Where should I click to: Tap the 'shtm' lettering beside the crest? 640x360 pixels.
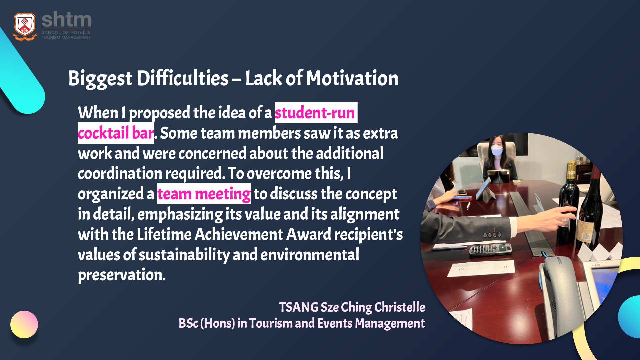pyautogui.click(x=66, y=20)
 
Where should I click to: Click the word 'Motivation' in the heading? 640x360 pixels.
pyautogui.click(x=352, y=78)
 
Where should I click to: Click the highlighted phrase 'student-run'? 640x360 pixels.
pyautogui.click(x=315, y=113)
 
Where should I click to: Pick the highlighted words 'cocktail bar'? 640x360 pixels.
pyautogui.click(x=116, y=133)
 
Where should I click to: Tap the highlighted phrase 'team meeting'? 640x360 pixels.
pyautogui.click(x=204, y=194)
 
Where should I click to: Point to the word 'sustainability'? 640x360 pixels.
pyautogui.click(x=184, y=255)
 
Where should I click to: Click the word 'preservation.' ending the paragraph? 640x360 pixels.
pyautogui.click(x=122, y=275)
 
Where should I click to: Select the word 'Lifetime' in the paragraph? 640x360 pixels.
pyautogui.click(x=164, y=234)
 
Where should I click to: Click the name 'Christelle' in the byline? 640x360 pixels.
pyautogui.click(x=400, y=307)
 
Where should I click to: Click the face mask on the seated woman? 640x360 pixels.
pyautogui.click(x=497, y=151)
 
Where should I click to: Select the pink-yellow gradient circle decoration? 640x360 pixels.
pyautogui.click(x=24, y=324)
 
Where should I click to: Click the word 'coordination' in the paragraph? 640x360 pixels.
pyautogui.click(x=120, y=174)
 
